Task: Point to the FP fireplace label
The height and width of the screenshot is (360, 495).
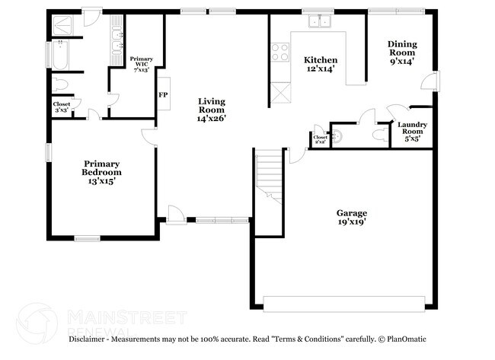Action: (x=162, y=95)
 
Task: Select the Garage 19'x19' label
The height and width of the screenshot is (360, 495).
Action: (x=352, y=218)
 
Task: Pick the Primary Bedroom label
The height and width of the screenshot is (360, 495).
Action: (x=102, y=167)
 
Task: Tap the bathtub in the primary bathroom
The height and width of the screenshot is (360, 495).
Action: (x=59, y=54)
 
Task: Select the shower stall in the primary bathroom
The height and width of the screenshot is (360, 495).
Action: (x=59, y=25)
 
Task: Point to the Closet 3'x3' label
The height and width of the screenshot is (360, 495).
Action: (x=62, y=107)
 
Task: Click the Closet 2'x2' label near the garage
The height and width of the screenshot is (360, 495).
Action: (x=321, y=139)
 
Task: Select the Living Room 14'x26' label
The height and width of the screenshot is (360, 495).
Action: (x=211, y=109)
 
